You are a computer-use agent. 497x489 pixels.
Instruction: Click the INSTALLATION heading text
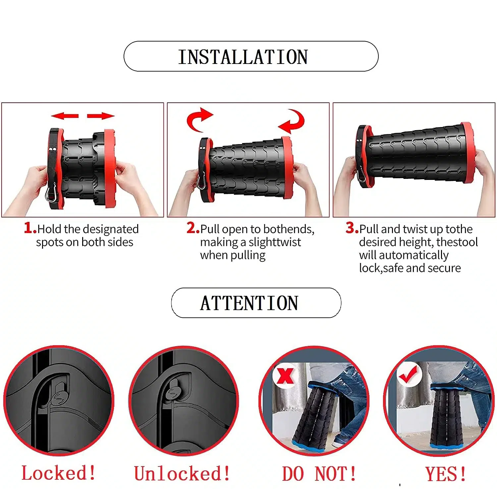click(x=243, y=57)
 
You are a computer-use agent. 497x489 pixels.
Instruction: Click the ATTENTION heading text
click(x=249, y=303)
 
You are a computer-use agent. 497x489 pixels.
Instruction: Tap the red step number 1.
click(x=30, y=228)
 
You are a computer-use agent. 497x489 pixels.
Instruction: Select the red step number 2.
click(x=193, y=228)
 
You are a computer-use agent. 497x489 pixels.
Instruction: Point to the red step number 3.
click(x=352, y=228)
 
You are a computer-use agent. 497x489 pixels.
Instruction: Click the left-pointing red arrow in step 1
click(x=65, y=116)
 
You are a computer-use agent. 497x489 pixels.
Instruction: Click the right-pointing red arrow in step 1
click(x=101, y=116)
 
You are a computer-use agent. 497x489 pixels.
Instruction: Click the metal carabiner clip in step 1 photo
click(x=51, y=193)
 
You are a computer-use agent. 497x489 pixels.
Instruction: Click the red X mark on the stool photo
click(x=285, y=375)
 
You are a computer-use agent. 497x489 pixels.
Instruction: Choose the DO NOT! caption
click(x=319, y=474)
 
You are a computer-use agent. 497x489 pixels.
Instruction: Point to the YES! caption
click(x=446, y=474)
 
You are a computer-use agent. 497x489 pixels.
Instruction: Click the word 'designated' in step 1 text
click(x=111, y=229)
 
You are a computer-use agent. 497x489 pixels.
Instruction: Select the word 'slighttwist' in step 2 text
click(x=275, y=242)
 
